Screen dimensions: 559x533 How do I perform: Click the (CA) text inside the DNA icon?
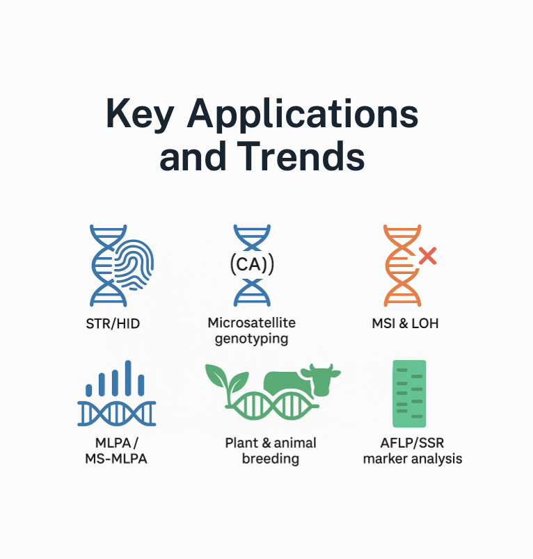tap(251, 264)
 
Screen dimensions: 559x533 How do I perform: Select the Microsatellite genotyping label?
tap(251, 331)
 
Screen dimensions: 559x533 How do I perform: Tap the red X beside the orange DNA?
tap(427, 256)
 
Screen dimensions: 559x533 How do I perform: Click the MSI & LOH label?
tap(406, 323)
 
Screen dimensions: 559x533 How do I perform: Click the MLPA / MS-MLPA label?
tap(116, 451)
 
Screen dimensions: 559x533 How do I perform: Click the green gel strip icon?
tap(408, 394)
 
